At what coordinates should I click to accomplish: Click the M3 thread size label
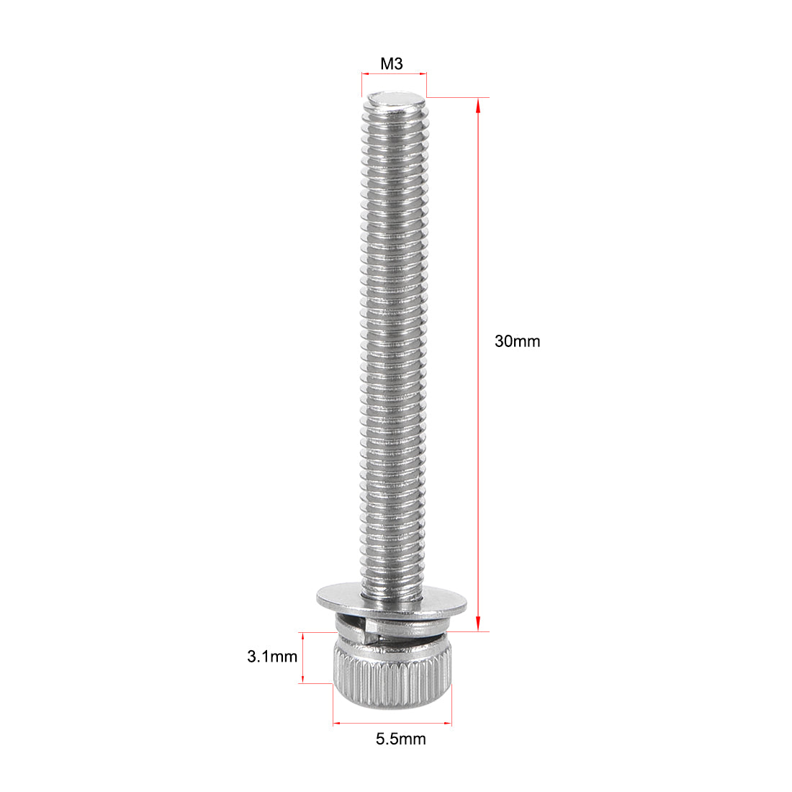coord(392,64)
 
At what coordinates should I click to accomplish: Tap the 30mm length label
coord(517,341)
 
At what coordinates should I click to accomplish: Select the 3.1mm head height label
coord(271,657)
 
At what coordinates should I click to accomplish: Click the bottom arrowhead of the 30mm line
coord(478,626)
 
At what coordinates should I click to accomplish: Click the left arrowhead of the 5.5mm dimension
coord(336,722)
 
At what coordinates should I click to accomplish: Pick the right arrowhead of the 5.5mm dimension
coord(448,722)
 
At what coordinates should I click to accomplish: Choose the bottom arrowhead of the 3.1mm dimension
coord(303,679)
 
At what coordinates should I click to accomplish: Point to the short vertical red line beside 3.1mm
coord(303,657)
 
